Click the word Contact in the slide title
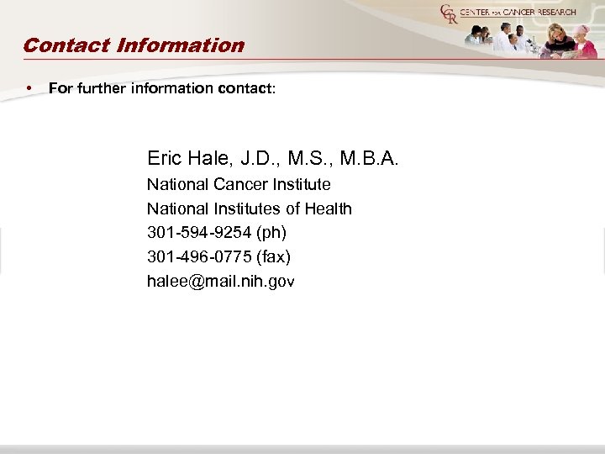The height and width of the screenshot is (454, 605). [66, 45]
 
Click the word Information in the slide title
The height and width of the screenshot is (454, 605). [180, 45]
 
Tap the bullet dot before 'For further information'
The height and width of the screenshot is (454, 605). [29, 87]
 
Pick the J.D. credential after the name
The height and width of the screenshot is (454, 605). [257, 157]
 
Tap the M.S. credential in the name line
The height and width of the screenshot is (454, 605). [309, 157]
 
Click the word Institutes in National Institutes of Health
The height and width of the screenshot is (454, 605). [246, 209]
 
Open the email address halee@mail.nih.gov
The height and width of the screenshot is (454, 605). [221, 282]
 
